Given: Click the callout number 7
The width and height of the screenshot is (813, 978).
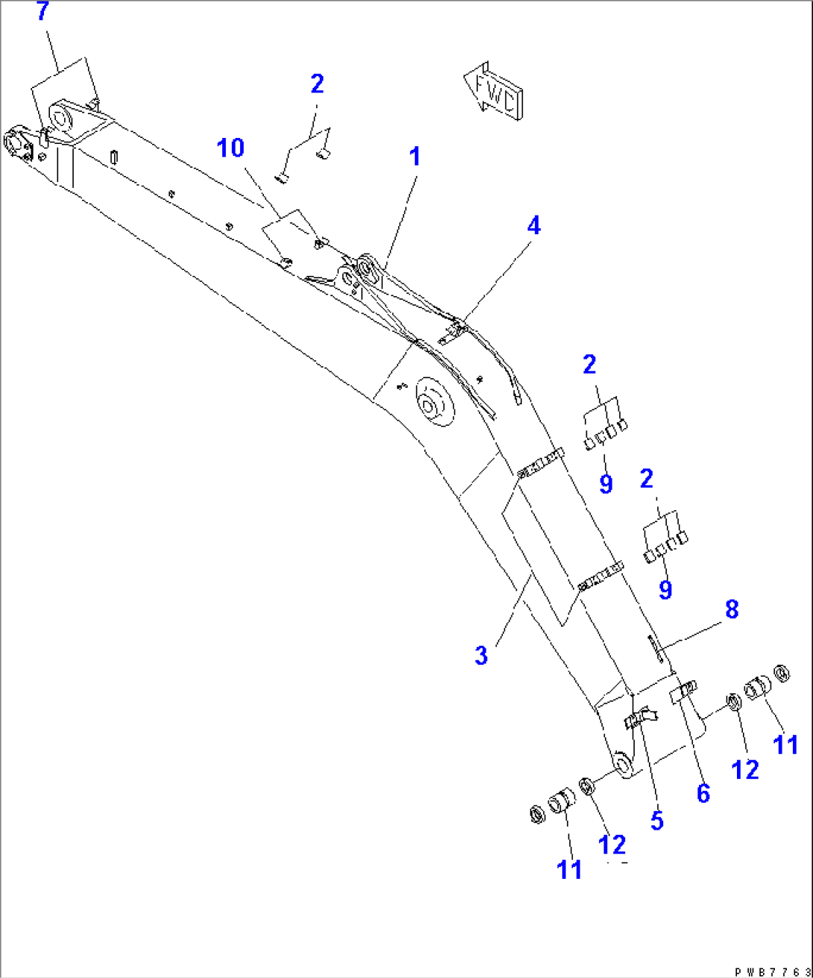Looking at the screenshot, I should point(43,12).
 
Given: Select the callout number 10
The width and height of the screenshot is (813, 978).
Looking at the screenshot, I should point(230,148).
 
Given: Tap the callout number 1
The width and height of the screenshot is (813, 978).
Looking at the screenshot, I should point(415,157).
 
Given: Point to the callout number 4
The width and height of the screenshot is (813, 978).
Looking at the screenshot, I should point(533,225).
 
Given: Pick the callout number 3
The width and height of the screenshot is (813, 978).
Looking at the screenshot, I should point(481,656).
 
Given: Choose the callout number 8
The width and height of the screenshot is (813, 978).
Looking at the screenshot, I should point(731,609).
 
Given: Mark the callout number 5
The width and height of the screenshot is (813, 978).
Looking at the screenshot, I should point(656,819).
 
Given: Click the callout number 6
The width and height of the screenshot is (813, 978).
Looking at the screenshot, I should point(703,794).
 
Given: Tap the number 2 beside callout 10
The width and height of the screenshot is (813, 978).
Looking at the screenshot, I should point(317,84).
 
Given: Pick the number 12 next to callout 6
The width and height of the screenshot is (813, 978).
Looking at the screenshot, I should point(745,768).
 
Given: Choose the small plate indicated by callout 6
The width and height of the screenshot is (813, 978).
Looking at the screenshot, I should point(682,692).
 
